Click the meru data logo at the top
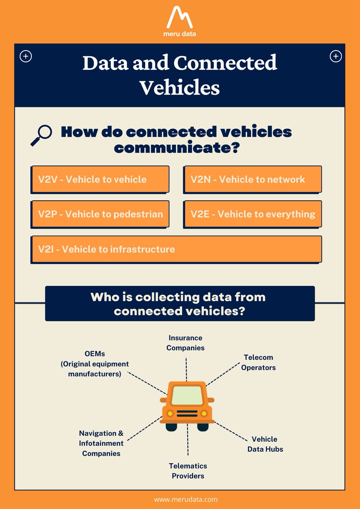[180, 21]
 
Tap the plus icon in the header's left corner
[26, 56]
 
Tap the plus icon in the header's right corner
[335, 56]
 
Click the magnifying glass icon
[41, 135]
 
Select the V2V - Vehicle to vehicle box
[100, 179]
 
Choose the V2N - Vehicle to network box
[253, 179]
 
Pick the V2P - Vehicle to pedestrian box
[100, 214]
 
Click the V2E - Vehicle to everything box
[253, 214]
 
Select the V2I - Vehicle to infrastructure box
[176, 249]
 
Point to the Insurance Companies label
[186, 343]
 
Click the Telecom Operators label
[259, 362]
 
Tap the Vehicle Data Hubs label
[265, 444]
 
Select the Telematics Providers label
[188, 471]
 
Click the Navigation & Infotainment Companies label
[101, 443]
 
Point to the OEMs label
[95, 364]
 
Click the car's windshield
[187, 395]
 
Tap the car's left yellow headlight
[170, 413]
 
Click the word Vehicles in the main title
[180, 87]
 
